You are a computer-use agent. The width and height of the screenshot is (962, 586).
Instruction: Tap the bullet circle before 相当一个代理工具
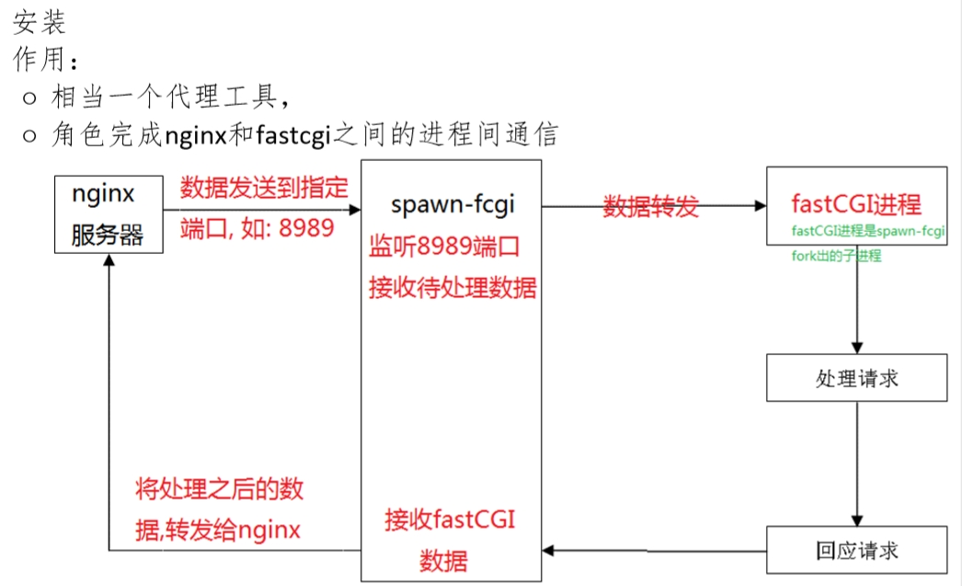click(30, 97)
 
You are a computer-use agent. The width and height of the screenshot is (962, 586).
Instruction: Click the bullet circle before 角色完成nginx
click(30, 136)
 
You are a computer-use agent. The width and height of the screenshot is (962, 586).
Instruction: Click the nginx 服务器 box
click(108, 214)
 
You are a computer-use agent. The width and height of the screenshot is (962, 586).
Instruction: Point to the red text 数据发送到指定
click(264, 189)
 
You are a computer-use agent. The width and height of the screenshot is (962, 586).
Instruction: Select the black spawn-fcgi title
click(452, 204)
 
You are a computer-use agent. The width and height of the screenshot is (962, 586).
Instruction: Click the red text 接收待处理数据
click(452, 287)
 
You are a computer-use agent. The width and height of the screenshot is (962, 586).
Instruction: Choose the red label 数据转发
click(650, 206)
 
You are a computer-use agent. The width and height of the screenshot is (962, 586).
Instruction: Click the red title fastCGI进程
click(855, 203)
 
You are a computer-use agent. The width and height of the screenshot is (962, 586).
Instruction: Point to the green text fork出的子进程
click(836, 256)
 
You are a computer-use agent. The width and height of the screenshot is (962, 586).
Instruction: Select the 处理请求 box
click(856, 378)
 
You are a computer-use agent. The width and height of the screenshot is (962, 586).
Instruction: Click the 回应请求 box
click(856, 550)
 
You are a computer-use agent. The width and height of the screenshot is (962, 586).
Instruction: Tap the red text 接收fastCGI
click(450, 520)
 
